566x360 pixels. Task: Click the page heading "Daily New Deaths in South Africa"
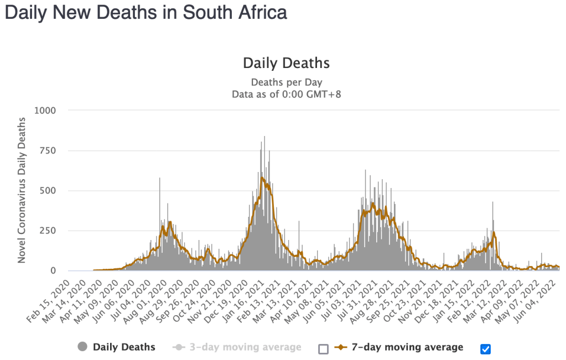[x=146, y=13]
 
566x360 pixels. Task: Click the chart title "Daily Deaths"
[x=286, y=63]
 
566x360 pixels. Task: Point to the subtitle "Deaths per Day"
[x=286, y=82]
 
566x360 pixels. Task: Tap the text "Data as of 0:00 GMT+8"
[x=286, y=94]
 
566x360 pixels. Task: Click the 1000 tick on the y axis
[x=45, y=110]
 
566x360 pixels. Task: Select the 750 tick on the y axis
[x=48, y=150]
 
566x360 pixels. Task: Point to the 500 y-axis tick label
[x=48, y=191]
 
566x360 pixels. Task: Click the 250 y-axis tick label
[x=48, y=231]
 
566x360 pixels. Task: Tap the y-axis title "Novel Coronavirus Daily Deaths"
[x=22, y=190]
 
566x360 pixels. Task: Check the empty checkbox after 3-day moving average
[x=324, y=348]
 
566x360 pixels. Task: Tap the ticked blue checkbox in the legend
[x=486, y=348]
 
